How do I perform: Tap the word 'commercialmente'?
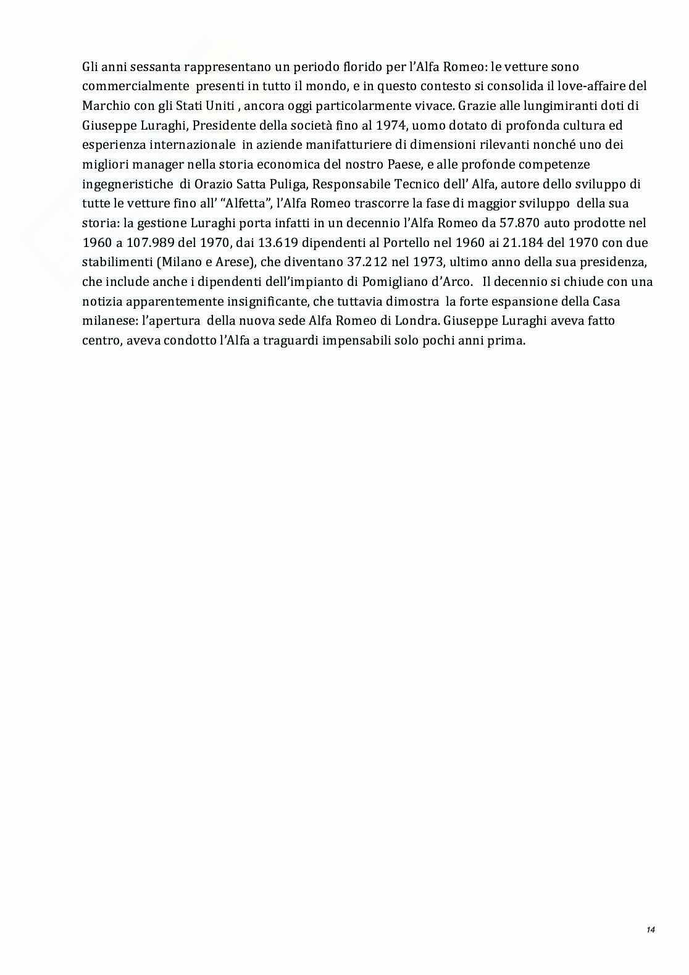tap(135, 86)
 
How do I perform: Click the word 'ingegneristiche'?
tap(127, 184)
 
